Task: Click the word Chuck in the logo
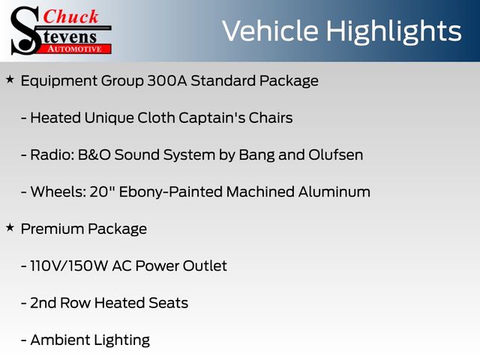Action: [x=70, y=16]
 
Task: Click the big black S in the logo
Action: [x=25, y=31]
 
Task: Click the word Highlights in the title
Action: [x=393, y=31]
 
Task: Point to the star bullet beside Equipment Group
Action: [x=10, y=80]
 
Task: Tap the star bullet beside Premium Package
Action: [x=10, y=228]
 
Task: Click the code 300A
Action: [x=167, y=81]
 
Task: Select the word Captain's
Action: [x=211, y=118]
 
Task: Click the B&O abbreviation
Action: [x=94, y=155]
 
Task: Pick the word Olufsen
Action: [x=335, y=154]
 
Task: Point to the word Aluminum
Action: [x=334, y=192]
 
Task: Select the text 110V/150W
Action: [x=68, y=265]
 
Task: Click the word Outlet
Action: [x=205, y=265]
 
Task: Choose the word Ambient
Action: [x=60, y=340]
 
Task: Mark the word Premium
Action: [x=52, y=229]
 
